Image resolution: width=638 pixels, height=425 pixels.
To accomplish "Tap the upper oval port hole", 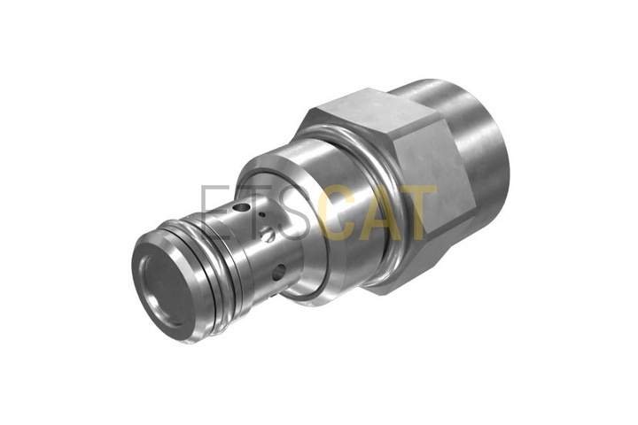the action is click(242, 208).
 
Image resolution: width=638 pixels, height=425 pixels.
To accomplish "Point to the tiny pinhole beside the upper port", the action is click(263, 214).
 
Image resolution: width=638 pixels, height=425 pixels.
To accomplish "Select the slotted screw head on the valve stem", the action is click(267, 235).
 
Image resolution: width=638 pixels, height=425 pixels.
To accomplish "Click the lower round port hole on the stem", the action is click(278, 273).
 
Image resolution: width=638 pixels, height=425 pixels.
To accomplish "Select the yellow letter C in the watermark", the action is click(338, 212).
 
